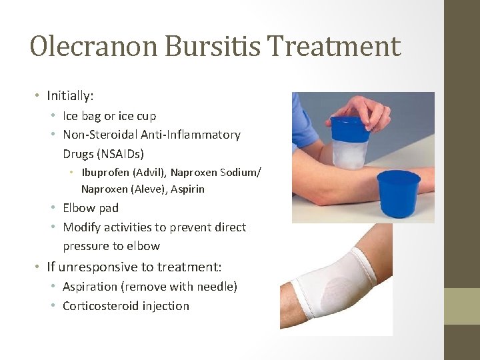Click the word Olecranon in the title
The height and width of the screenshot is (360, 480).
93,47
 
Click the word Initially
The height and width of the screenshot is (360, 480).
69,95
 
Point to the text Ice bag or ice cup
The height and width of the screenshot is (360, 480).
109,116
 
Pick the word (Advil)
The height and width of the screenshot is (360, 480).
151,172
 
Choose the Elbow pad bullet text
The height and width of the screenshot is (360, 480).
91,208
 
